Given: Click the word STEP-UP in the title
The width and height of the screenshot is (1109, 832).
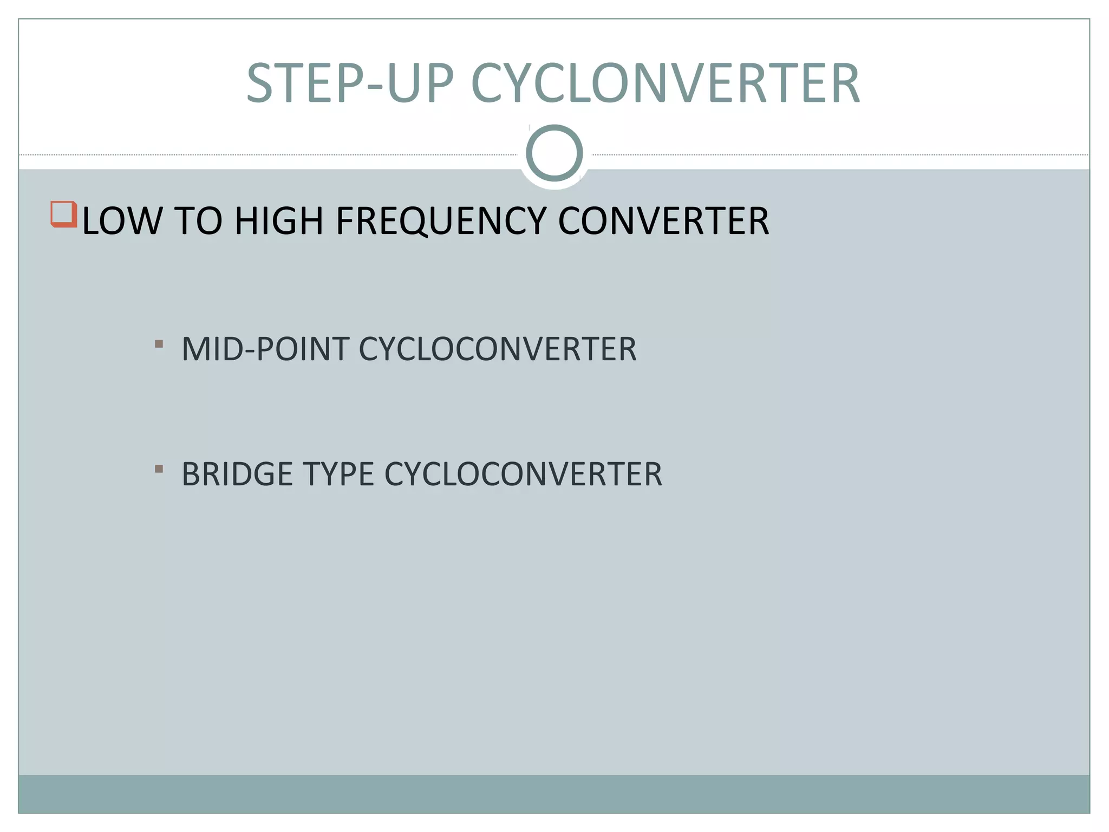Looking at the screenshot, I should coord(350,83).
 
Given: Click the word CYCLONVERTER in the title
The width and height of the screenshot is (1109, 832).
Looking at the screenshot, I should coord(666,83).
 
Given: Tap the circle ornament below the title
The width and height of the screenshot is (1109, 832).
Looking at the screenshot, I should coord(554,153).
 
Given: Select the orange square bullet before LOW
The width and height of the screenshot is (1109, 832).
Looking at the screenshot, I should coord(63,214).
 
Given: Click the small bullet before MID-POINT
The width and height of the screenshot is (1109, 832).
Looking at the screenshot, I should coord(159,343).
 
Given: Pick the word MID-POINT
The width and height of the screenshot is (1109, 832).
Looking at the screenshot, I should coord(265,349).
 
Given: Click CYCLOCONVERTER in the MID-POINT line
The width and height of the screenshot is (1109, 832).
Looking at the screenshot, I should coord(498,349).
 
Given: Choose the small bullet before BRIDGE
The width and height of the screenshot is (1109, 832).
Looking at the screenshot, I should coord(159,469).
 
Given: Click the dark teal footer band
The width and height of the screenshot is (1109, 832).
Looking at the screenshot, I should coord(554,794).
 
